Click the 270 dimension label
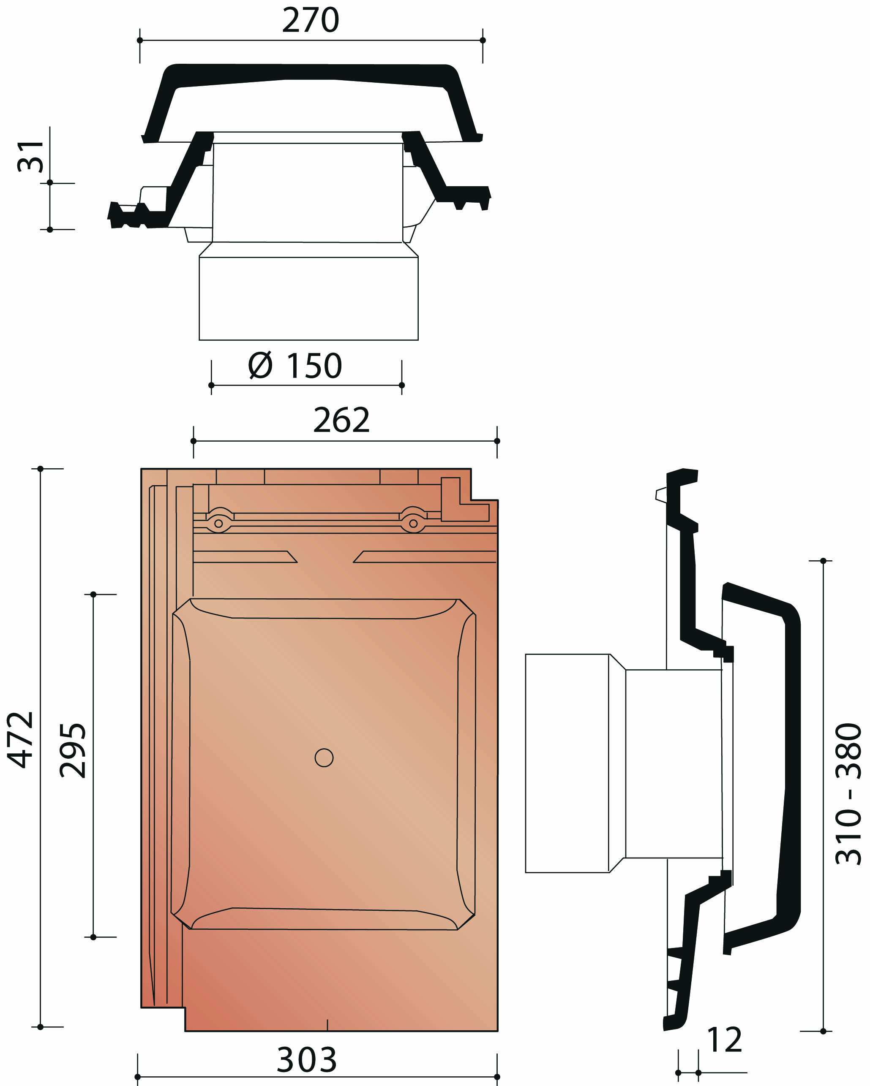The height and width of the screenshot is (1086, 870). [310, 20]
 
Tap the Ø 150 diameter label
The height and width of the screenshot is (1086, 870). [295, 366]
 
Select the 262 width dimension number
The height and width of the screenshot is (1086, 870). [341, 420]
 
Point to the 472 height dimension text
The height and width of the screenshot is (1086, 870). [21, 740]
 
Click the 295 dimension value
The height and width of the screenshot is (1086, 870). [73, 750]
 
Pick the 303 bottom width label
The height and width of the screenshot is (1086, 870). [306, 1060]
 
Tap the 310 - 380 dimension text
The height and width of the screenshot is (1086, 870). [849, 794]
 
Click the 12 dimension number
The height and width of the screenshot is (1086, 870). [724, 1039]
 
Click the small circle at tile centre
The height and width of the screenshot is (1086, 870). [324, 757]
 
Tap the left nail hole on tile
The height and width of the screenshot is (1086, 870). [218, 523]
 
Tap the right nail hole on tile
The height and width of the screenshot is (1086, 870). [413, 523]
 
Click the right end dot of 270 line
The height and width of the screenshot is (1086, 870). [483, 40]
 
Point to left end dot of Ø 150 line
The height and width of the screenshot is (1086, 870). [211, 386]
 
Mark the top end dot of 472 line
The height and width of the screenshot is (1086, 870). [40, 469]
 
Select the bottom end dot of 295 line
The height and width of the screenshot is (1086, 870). [93, 937]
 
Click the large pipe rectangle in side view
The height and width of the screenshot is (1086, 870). [567, 763]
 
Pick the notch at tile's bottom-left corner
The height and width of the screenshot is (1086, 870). [162, 1018]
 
